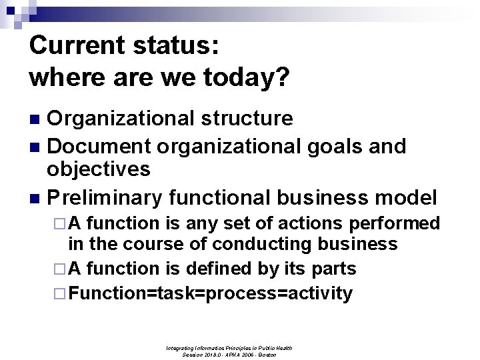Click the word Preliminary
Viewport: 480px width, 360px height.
point(106,197)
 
